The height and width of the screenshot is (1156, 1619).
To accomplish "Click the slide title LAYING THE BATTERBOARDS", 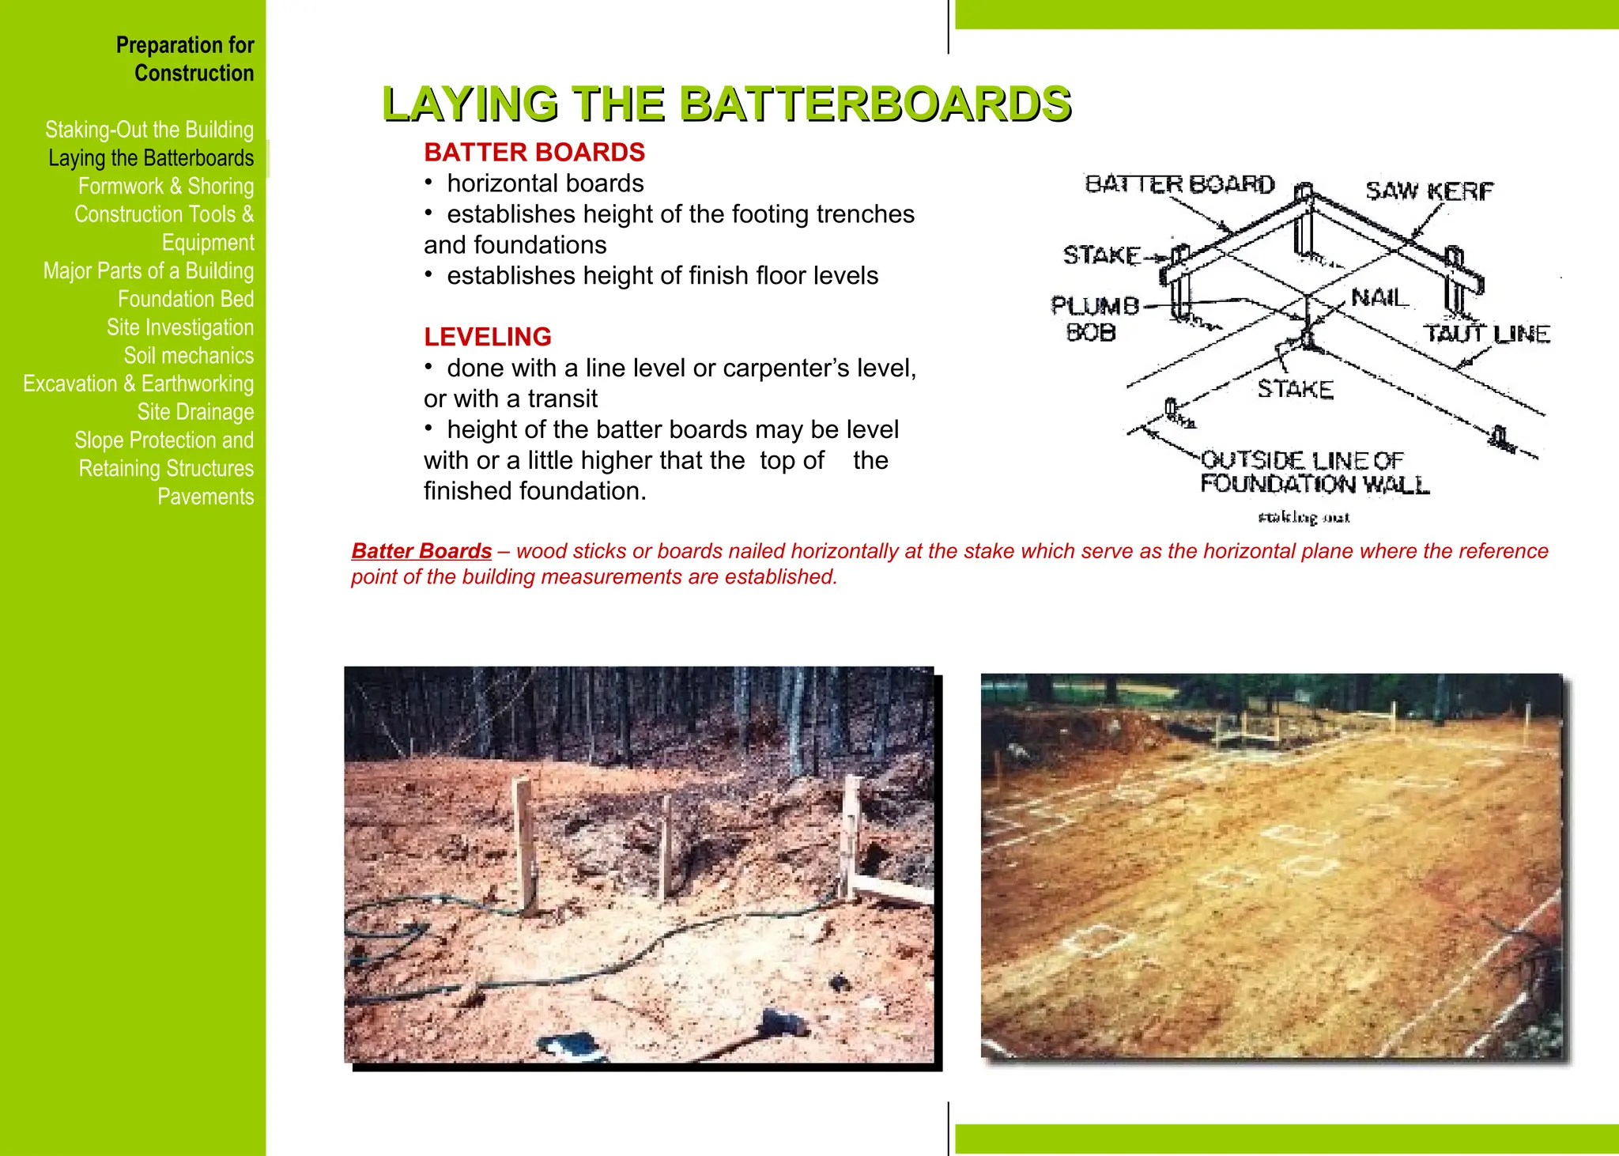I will (x=726, y=104).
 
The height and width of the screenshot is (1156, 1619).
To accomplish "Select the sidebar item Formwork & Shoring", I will (x=165, y=187).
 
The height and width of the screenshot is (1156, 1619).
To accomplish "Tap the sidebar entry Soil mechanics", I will (x=188, y=356).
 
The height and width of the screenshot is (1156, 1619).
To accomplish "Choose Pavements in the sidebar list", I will (x=206, y=497).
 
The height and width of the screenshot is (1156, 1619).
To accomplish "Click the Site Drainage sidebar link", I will (x=195, y=412).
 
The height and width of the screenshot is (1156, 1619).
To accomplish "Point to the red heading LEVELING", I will (x=487, y=337).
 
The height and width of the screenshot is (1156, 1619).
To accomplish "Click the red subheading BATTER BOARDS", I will (x=534, y=152).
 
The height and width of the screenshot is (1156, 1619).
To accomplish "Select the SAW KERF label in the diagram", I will (x=1428, y=191).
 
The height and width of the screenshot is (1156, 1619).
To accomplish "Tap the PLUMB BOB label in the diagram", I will (x=1093, y=318).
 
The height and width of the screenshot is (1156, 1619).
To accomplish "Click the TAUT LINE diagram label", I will (x=1487, y=334).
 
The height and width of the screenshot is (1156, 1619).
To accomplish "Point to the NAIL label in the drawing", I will (x=1379, y=298).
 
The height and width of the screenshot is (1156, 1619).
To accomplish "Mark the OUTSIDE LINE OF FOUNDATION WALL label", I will (x=1313, y=472).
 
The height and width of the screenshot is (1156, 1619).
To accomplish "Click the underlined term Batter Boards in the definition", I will (x=421, y=551).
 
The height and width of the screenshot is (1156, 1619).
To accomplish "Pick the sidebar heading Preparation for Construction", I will (x=185, y=59).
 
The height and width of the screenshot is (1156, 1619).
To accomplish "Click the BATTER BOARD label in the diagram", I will (x=1179, y=184).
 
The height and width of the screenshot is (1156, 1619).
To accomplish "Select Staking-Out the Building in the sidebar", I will (x=149, y=130).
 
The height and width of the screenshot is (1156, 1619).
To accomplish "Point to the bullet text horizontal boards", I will (x=545, y=183).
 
